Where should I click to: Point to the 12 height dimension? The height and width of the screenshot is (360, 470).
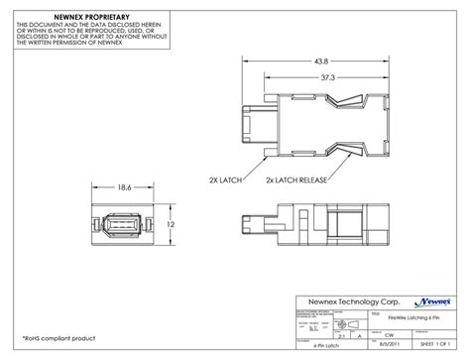point(171,226)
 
